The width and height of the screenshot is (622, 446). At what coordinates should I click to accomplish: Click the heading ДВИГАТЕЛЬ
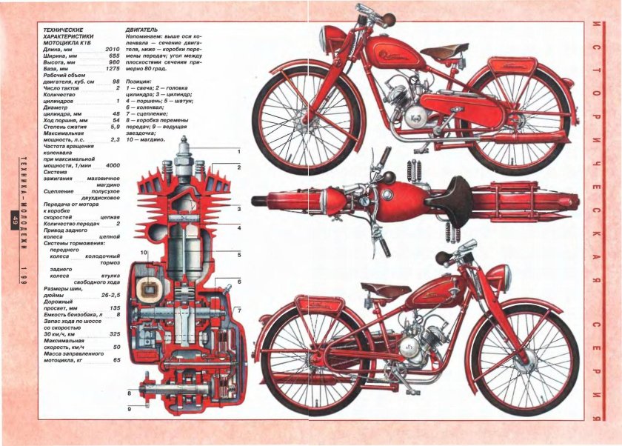point(144,29)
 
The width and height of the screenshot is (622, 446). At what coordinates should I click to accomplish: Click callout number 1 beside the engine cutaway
point(239,151)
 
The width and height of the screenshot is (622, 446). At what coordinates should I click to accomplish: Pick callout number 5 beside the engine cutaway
point(239,255)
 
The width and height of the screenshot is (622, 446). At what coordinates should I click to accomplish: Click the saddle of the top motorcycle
point(444,50)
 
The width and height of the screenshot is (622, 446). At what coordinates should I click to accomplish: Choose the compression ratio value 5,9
point(114,126)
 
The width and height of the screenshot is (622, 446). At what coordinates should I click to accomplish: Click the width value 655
point(114,56)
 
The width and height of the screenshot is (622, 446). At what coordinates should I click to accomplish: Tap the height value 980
point(114,62)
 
